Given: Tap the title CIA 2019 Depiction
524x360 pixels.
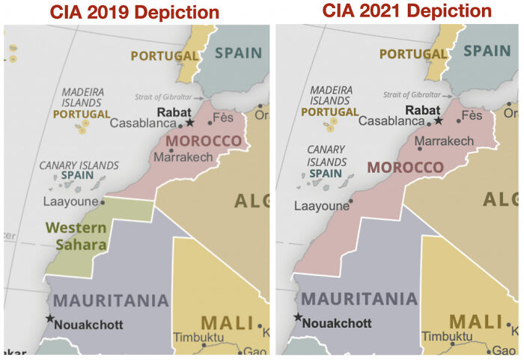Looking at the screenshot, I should pos(135,12).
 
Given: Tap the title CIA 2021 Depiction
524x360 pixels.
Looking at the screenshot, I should pos(406,10).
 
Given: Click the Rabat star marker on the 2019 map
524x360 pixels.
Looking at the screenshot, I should pos(190,122).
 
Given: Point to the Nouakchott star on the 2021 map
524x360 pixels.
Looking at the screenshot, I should pos(298,317).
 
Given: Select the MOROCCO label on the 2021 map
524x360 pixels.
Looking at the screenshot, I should pos(405,167).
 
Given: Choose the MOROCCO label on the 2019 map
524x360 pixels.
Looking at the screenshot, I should pos(204,141).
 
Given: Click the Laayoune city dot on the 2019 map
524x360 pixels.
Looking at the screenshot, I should pos(103,201).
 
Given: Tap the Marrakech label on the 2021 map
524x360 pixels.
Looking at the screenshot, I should pos(444,141).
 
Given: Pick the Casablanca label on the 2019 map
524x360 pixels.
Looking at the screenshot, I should pos(143,123).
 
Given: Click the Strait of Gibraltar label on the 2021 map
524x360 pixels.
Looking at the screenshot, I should pos(412,94).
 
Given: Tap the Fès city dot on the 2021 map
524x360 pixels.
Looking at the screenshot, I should pos(458,120).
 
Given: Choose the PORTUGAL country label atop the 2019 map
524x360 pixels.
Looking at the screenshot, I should pos(164,55).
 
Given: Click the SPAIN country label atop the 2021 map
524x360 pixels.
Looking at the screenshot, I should pos(487,51).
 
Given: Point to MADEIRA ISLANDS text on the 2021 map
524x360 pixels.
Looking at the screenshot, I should pos(330,94).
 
